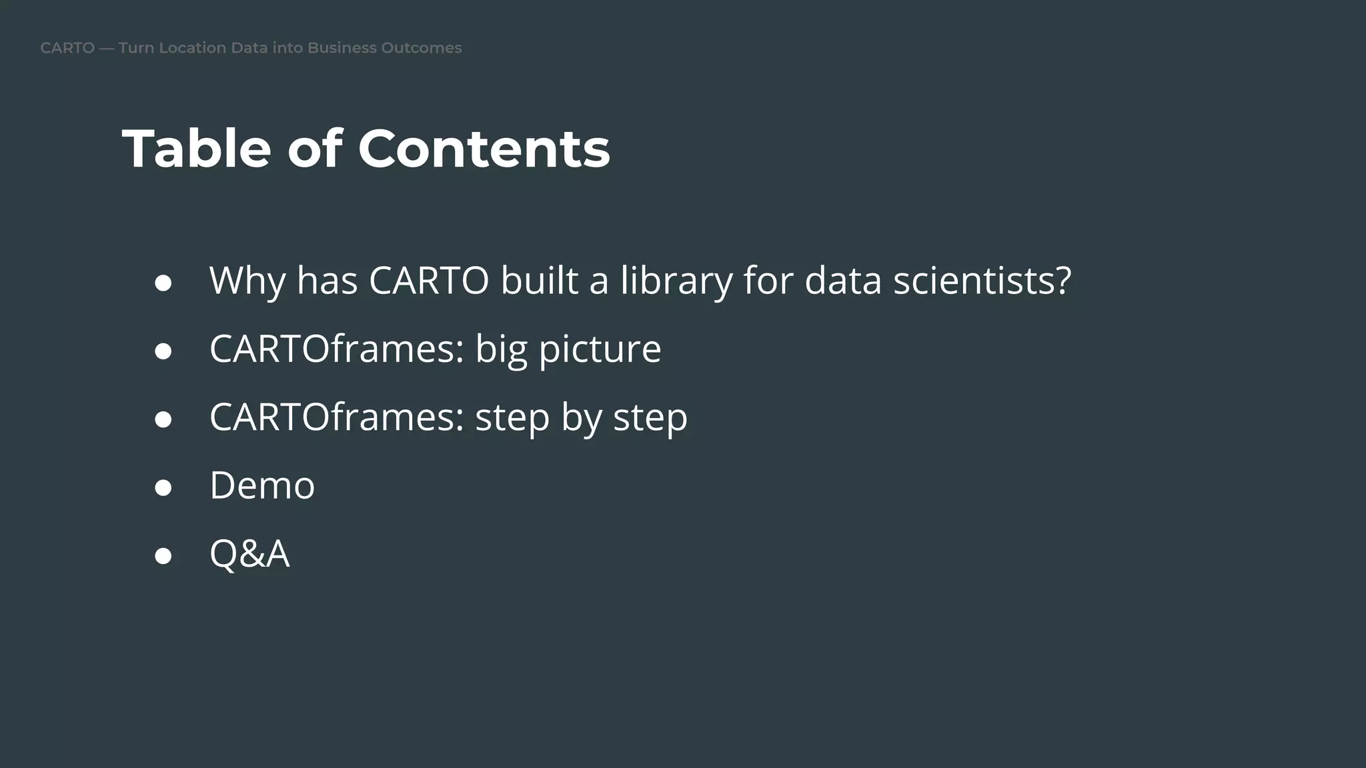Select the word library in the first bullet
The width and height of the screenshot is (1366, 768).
[x=676, y=281]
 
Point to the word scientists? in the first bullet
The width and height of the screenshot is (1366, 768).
[x=982, y=281]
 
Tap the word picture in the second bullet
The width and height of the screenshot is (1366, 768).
[x=600, y=349]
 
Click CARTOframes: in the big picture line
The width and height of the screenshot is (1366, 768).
[x=337, y=349]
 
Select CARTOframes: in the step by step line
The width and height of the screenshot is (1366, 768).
[x=337, y=417]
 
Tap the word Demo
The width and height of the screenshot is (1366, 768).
[x=262, y=485]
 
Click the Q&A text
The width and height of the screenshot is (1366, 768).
[x=249, y=554]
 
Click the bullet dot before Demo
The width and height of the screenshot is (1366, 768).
[x=163, y=487]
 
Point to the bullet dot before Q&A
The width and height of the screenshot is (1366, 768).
[x=163, y=555]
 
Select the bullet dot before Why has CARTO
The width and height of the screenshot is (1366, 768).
[x=163, y=283]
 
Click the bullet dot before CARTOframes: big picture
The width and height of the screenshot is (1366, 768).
[x=163, y=351]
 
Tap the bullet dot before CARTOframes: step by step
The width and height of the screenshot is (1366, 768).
[x=163, y=419]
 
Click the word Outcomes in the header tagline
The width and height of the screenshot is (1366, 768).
[x=421, y=48]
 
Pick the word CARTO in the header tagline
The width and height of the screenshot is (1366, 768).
[x=67, y=48]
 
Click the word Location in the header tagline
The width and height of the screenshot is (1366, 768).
[x=192, y=48]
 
